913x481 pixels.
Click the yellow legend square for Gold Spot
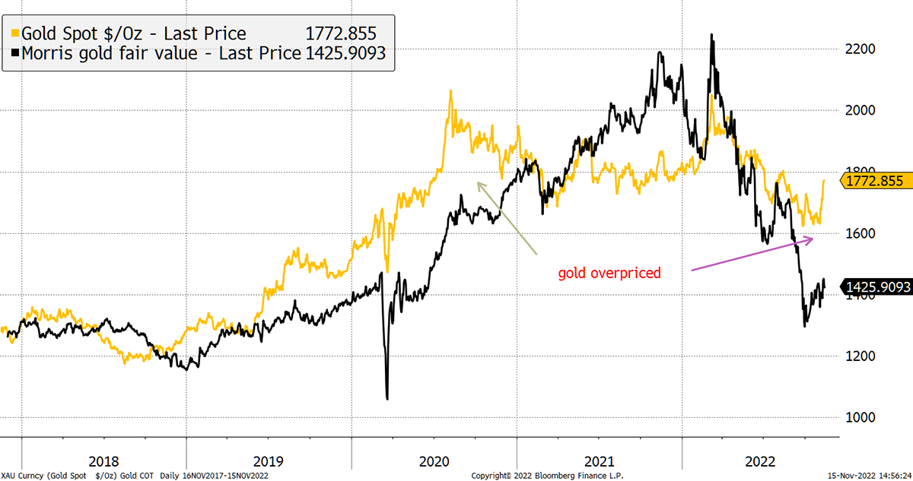[x=14, y=33]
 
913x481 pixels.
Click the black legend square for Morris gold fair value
[x=14, y=54]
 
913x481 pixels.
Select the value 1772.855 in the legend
[x=340, y=33]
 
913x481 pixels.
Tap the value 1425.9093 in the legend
[x=347, y=54]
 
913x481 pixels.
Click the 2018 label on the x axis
[x=103, y=461]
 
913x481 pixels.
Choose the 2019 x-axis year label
[x=269, y=461]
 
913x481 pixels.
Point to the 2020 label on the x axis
[x=434, y=461]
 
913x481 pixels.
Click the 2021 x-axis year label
[x=599, y=461]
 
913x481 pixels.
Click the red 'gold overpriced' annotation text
[x=609, y=273]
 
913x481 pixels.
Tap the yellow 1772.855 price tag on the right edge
[x=875, y=181]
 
